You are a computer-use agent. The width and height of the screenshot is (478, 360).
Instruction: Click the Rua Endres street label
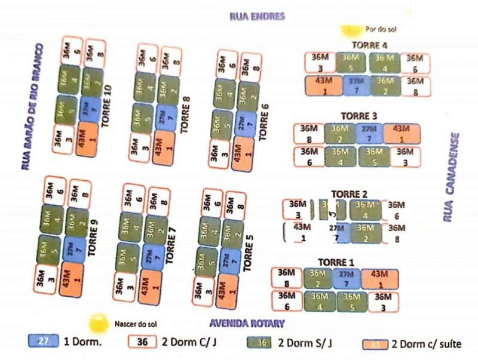(256, 16)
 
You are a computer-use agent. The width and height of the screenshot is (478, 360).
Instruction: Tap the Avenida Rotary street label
(246, 323)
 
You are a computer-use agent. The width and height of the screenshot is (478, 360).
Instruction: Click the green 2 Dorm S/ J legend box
(260, 343)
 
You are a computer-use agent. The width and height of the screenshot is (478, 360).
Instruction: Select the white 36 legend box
(143, 342)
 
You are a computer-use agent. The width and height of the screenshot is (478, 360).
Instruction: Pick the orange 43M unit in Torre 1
(379, 278)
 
